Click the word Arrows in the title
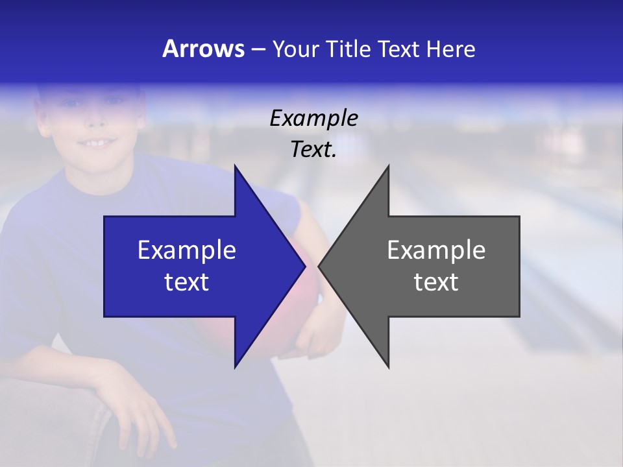coord(203,49)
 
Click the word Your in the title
coord(296,49)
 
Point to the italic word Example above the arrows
coord(313,118)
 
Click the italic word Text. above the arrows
coord(313,149)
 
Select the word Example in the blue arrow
coord(187,250)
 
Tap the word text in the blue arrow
coord(187,281)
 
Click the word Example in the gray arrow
coord(436,250)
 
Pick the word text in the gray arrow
coord(436,281)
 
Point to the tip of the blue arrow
coord(304,266)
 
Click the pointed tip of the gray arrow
coord(319,266)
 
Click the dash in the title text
coord(258,49)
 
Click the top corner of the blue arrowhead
coord(235,166)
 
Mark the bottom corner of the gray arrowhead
coord(389,367)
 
